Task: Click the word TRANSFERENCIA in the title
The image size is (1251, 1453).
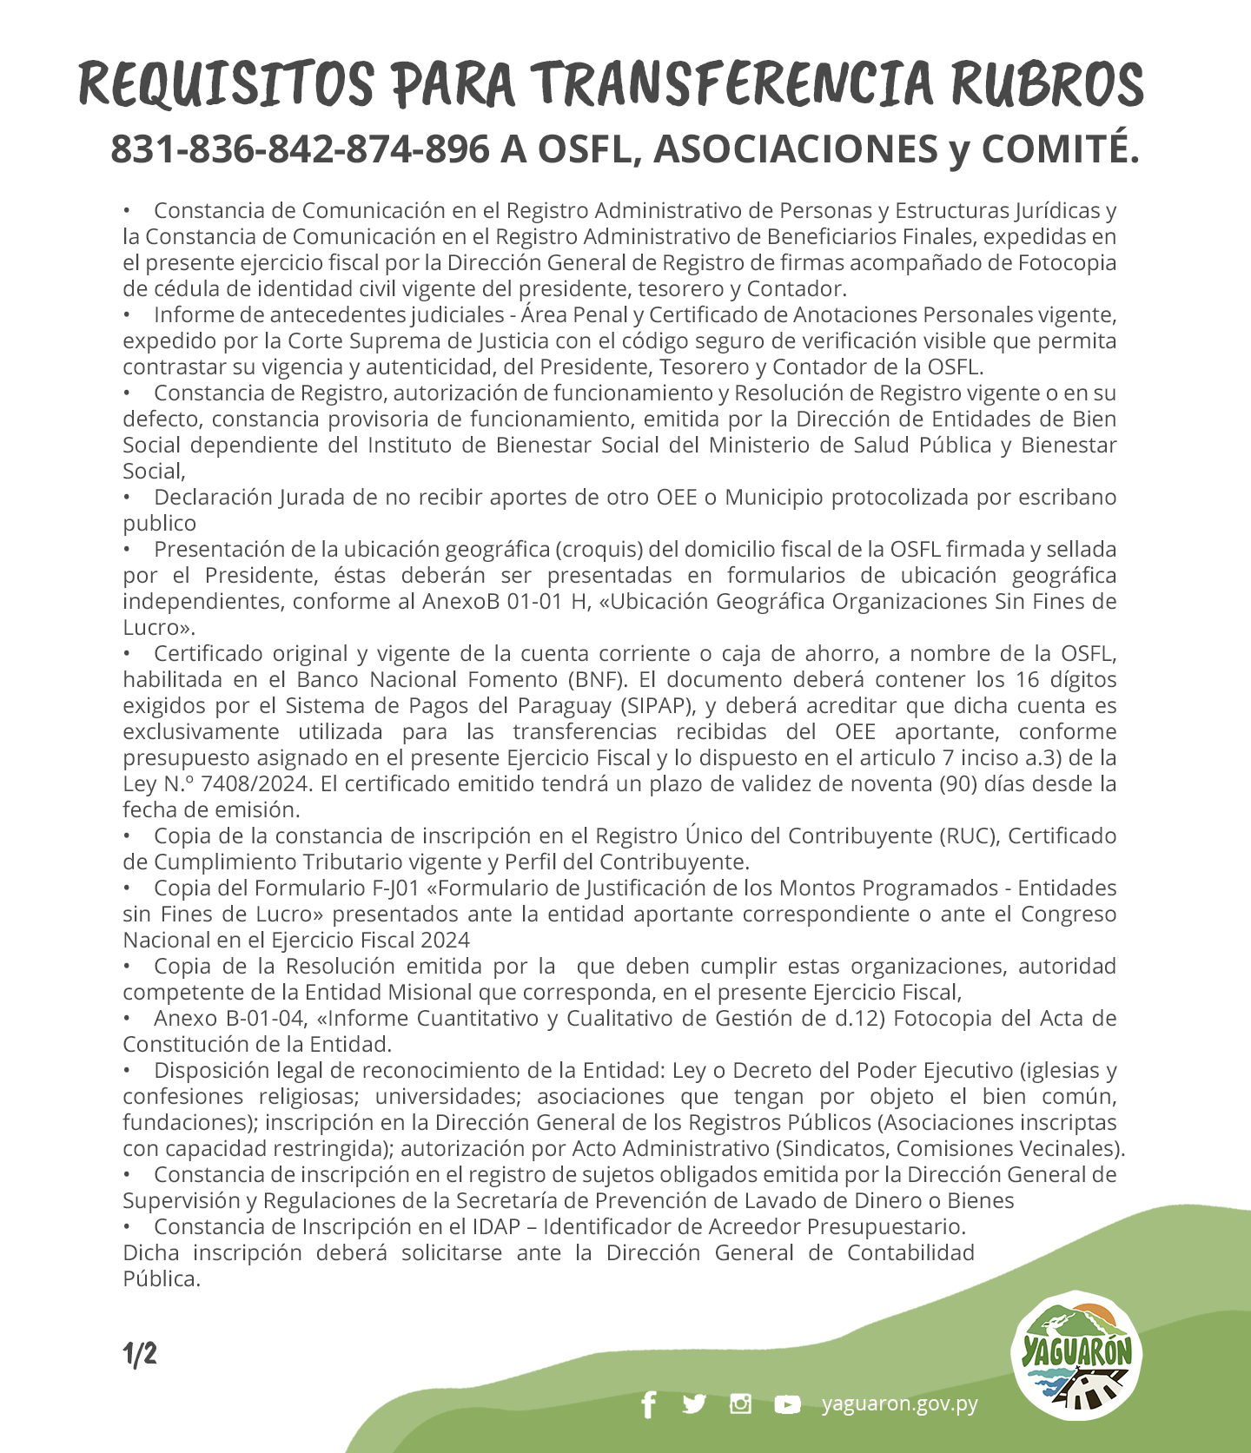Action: (x=733, y=84)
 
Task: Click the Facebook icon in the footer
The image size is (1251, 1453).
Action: (x=648, y=1404)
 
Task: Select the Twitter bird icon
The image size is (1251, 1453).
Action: (x=694, y=1403)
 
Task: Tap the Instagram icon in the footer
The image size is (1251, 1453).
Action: (x=740, y=1403)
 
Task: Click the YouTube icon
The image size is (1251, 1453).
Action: (x=787, y=1404)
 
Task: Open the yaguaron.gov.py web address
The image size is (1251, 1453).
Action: (x=900, y=1403)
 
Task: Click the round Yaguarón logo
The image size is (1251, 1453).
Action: (x=1077, y=1356)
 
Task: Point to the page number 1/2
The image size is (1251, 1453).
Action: (x=140, y=1354)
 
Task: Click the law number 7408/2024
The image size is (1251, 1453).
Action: (x=255, y=783)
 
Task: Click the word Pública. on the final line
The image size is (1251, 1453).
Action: (x=162, y=1278)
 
